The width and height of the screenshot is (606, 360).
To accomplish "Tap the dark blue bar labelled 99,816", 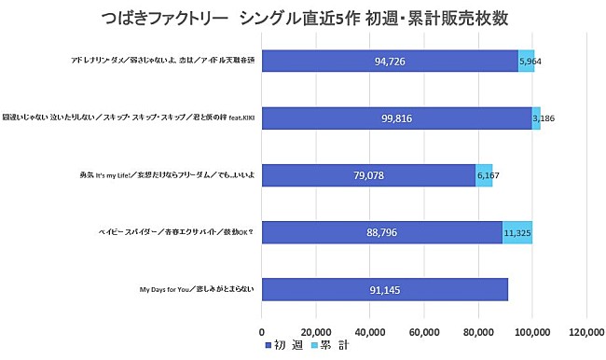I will [x=396, y=118].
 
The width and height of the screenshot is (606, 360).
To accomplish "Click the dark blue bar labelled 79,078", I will [x=368, y=174].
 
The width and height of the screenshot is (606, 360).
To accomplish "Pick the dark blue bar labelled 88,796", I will [x=381, y=231].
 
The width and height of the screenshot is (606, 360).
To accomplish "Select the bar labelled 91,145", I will [x=384, y=289].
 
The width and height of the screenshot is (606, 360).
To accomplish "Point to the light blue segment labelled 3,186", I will [x=536, y=118].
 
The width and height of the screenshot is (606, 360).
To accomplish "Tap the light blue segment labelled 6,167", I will [x=484, y=174].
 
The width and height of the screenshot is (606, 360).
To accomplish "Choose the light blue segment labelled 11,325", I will [x=517, y=231].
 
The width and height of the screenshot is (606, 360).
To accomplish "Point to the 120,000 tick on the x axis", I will [x=585, y=331].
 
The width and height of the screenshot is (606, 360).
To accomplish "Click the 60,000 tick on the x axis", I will [x=424, y=331].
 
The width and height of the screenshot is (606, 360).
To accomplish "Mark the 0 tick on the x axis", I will [x=262, y=331].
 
